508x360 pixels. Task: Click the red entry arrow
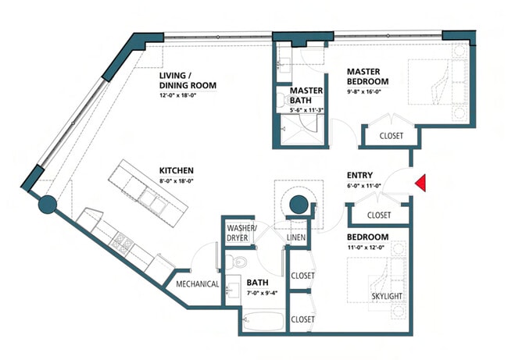pos(420,183)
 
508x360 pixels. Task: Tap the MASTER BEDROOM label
pos(368,77)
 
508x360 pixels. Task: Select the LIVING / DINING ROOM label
pos(188,80)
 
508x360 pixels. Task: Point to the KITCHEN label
pos(177,170)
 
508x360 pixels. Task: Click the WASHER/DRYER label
pos(241,233)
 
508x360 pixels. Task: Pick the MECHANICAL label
pos(197,284)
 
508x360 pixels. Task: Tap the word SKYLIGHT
pos(387,296)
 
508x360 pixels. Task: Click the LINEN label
pos(296,237)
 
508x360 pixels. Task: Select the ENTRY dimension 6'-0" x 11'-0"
pos(364,186)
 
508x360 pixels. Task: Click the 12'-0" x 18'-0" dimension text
pos(178,95)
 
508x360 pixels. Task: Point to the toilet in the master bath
pos(284,100)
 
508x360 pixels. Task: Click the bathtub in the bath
pos(263,320)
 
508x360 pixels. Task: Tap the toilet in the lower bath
pos(236,262)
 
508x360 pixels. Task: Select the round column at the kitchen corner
pos(48,205)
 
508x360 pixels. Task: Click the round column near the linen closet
pos(298,205)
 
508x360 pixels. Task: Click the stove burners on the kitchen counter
pos(122,242)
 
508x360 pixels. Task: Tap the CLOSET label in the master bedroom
pos(391,136)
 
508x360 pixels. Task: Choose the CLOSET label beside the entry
pos(379,215)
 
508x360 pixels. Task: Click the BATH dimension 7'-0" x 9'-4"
pos(262,294)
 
